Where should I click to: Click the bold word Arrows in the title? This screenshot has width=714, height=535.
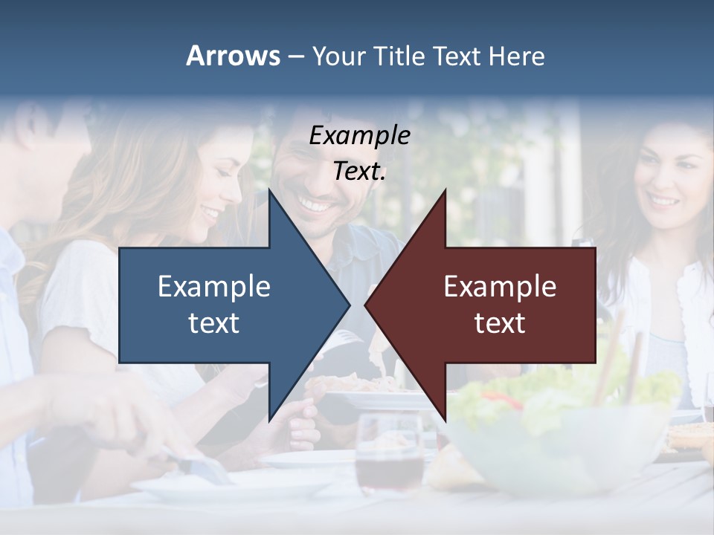233,56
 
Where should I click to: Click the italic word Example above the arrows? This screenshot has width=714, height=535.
359,135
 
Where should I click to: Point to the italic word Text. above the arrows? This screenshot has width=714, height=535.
359,172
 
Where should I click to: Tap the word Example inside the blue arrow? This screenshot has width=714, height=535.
213,286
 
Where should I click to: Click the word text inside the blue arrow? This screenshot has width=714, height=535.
213,323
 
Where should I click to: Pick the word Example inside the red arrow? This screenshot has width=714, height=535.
500,286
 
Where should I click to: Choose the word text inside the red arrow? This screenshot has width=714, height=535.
500,323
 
